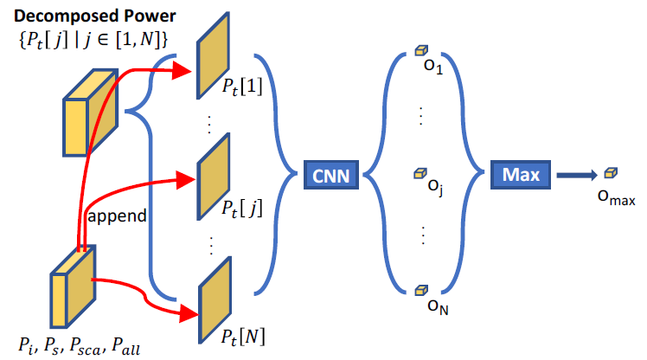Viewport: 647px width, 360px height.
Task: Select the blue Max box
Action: [x=520, y=176]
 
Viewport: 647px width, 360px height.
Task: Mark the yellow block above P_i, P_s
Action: [x=73, y=286]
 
